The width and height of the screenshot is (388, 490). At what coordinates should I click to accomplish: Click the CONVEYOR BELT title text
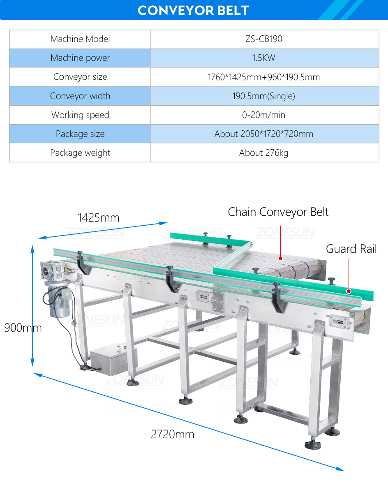(x=193, y=10)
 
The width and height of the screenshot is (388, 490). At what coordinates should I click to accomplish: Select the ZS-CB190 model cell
(x=264, y=39)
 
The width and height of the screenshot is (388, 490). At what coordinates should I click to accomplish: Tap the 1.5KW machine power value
(x=264, y=58)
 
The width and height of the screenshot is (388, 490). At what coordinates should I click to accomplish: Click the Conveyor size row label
(x=80, y=77)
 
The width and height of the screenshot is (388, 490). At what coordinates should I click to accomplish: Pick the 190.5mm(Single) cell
(x=264, y=96)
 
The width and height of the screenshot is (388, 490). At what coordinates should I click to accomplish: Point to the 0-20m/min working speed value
(x=264, y=115)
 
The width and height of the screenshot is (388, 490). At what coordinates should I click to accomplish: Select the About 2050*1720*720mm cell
(x=264, y=134)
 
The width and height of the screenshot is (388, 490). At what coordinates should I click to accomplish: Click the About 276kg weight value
(x=264, y=153)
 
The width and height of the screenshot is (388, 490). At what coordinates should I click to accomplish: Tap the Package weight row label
(x=80, y=153)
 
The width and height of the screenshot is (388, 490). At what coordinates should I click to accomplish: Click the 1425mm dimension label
(x=98, y=217)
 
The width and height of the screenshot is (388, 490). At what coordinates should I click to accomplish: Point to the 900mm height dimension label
(x=23, y=328)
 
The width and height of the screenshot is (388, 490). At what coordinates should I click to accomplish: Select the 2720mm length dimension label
(x=172, y=434)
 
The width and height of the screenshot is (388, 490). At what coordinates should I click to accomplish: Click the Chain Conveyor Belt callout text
(x=278, y=212)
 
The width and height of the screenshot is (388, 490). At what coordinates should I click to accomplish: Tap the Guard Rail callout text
(x=351, y=249)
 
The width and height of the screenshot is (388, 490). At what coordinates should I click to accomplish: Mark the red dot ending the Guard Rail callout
(x=349, y=291)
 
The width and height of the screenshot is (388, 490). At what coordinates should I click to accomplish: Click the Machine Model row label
(x=80, y=39)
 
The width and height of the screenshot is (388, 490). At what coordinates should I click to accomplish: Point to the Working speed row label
(x=80, y=115)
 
